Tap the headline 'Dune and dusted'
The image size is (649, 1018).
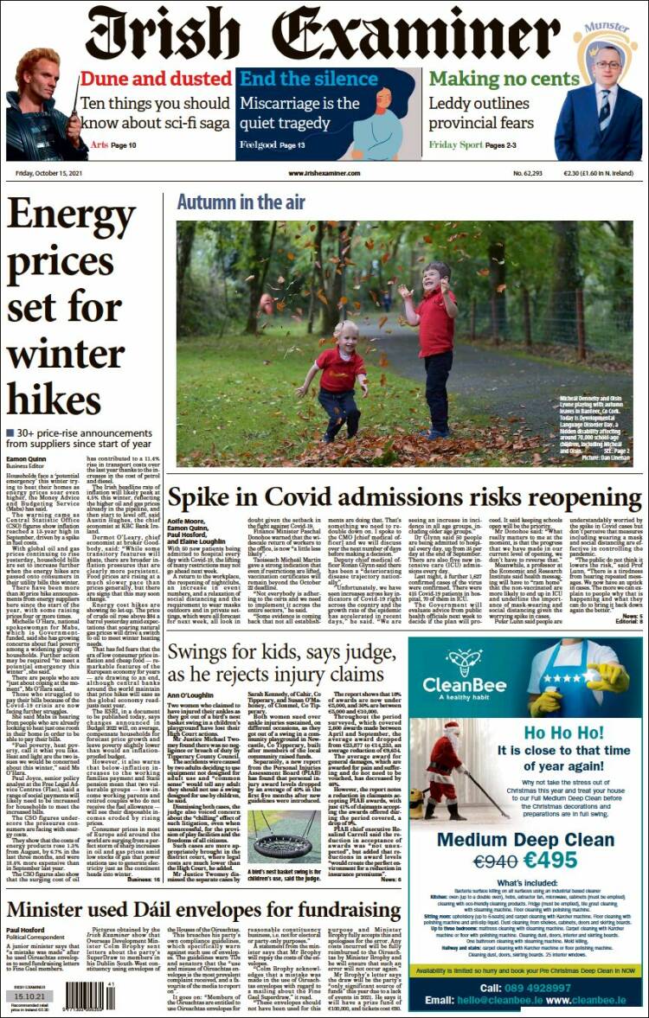(x=156, y=79)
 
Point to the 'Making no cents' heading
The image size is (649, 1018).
(x=504, y=79)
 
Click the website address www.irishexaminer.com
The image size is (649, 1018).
(x=324, y=173)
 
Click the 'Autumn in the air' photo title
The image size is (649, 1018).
(x=241, y=202)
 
